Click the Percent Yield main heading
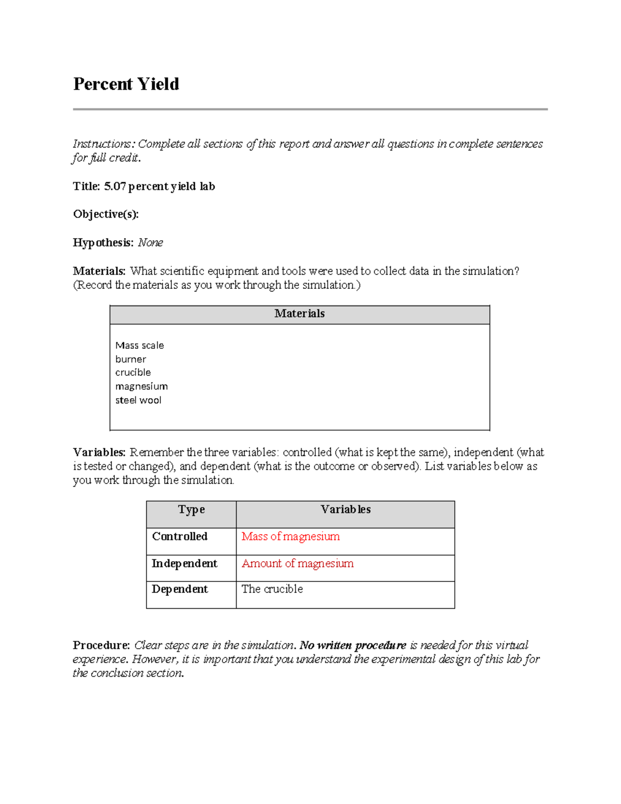pyautogui.click(x=126, y=84)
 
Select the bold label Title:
pyautogui.click(x=86, y=186)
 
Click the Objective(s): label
pyautogui.click(x=106, y=214)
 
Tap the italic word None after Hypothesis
pyautogui.click(x=150, y=243)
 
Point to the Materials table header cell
pyautogui.click(x=299, y=314)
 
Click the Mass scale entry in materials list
pyautogui.click(x=139, y=345)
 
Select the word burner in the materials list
pyautogui.click(x=130, y=359)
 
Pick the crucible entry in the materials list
pyautogui.click(x=133, y=373)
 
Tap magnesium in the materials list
pyautogui.click(x=141, y=387)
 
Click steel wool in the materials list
pyautogui.click(x=138, y=400)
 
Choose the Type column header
pyautogui.click(x=191, y=510)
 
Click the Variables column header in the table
pyautogui.click(x=345, y=510)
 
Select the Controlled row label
pyautogui.click(x=180, y=537)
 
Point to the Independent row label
pyautogui.click(x=184, y=564)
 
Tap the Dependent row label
pyautogui.click(x=180, y=589)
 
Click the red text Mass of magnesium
pyautogui.click(x=290, y=537)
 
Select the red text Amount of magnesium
pyautogui.click(x=298, y=564)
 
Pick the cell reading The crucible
pyautogui.click(x=272, y=589)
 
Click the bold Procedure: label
pyautogui.click(x=101, y=646)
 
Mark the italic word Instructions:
pyautogui.click(x=103, y=144)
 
